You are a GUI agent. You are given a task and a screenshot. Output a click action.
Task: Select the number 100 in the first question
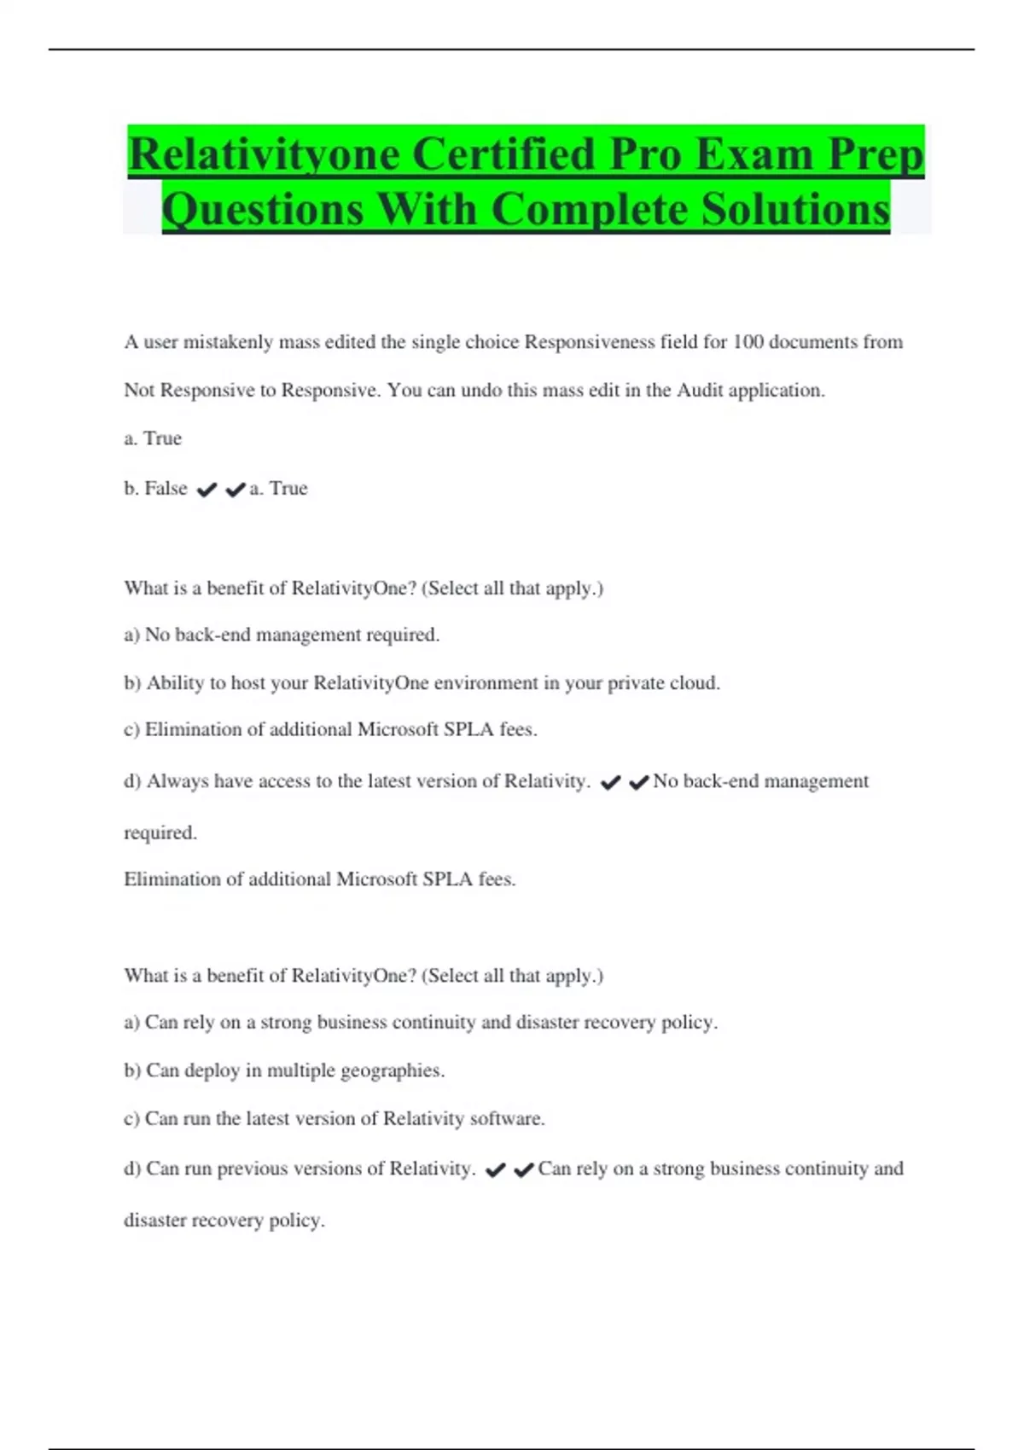tap(748, 342)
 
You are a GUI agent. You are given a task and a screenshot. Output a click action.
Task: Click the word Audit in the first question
tap(698, 391)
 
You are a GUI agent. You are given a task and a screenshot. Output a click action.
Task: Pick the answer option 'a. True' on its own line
tap(153, 438)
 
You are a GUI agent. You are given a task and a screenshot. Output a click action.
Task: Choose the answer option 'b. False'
tap(155, 488)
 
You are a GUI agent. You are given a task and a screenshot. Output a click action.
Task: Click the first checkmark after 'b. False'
tap(207, 490)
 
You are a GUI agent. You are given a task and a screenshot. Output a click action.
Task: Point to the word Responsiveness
tap(589, 342)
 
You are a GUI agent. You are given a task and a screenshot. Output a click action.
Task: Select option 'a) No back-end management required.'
tap(282, 635)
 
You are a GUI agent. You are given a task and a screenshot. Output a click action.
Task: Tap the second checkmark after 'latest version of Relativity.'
tap(639, 782)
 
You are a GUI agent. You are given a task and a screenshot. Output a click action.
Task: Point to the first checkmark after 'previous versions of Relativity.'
tap(495, 1170)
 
